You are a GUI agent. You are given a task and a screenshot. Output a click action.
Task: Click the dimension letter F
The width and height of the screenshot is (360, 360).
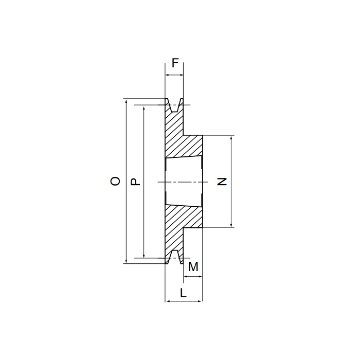click(175, 63)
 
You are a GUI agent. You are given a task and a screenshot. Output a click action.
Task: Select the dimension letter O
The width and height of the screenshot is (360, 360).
click(115, 181)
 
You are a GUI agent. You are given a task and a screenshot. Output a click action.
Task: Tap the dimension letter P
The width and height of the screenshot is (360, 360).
click(135, 182)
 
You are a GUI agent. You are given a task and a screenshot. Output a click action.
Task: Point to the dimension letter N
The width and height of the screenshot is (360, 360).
click(222, 182)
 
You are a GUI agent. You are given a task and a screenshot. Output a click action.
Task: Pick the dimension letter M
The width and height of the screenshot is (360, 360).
click(193, 267)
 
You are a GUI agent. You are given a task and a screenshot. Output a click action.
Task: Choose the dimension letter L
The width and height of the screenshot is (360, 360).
click(183, 293)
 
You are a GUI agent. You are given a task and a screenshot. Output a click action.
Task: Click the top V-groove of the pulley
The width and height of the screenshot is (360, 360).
click(174, 105)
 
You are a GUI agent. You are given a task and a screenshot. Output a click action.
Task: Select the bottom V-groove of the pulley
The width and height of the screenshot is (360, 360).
click(175, 257)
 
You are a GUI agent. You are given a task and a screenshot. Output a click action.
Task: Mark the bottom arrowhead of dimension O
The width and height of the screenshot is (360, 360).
click(126, 261)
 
